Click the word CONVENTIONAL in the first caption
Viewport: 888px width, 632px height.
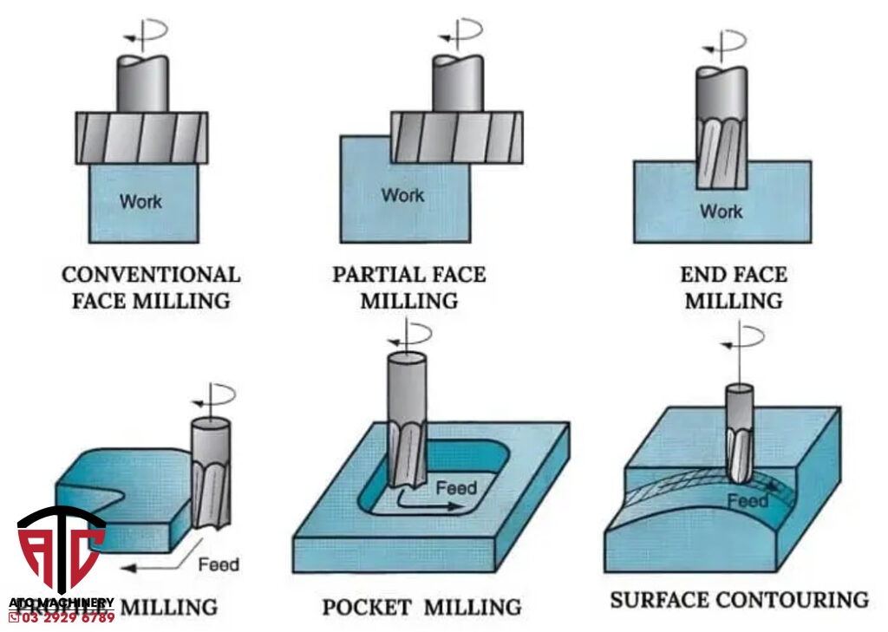click(x=151, y=276)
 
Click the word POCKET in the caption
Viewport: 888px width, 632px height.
click(x=367, y=607)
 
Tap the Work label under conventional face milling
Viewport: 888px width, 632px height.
click(x=140, y=202)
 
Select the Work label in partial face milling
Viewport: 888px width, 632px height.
click(x=402, y=195)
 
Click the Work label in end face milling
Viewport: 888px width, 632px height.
click(x=721, y=212)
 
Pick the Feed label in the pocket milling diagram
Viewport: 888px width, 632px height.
click(x=456, y=488)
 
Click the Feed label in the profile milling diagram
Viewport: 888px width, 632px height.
click(x=219, y=565)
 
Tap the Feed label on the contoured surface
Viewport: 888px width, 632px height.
click(x=747, y=501)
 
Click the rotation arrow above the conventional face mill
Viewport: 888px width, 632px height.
click(x=145, y=37)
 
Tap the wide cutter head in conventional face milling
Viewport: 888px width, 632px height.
click(x=141, y=138)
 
